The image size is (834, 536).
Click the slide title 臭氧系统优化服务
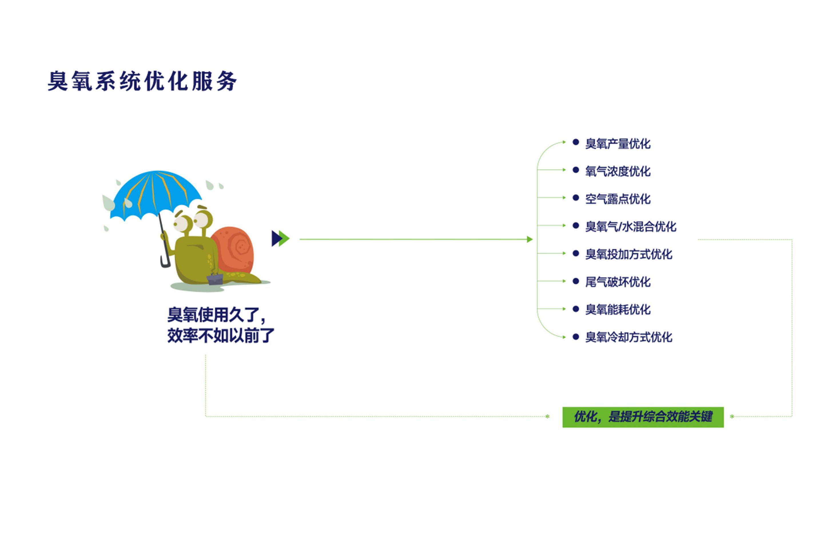pos(142,81)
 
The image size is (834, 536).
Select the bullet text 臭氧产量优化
pos(618,144)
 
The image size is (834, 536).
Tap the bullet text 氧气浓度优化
pos(618,171)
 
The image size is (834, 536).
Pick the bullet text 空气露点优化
pos(618,199)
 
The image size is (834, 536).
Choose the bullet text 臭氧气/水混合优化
pos(630,227)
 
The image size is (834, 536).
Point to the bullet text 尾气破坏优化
pos(618,282)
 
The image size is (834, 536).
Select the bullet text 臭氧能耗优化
pos(618,309)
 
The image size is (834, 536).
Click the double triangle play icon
pos(280,238)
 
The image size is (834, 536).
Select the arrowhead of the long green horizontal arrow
pos(530,239)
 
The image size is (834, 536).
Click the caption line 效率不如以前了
pos(221,336)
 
